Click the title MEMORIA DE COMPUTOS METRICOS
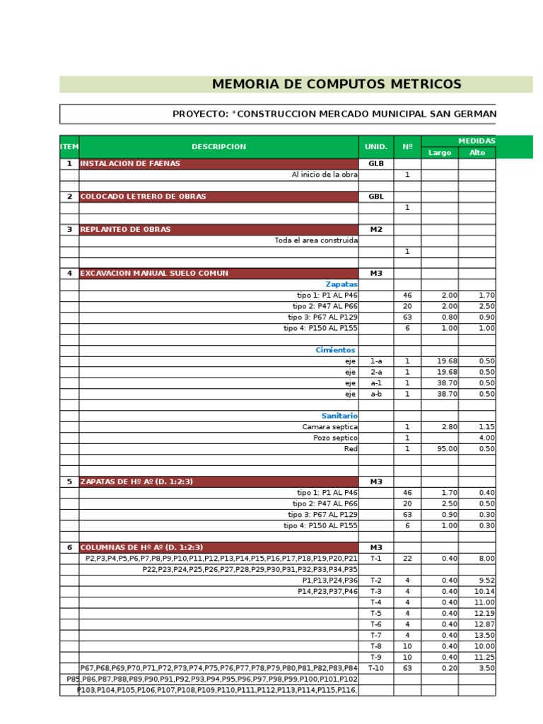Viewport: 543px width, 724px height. [336, 85]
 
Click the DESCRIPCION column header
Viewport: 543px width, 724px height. [218, 147]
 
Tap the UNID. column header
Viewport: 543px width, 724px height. [375, 147]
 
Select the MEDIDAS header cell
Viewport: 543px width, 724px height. [477, 141]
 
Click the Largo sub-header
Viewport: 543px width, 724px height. [439, 153]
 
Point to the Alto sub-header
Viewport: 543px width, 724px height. [477, 153]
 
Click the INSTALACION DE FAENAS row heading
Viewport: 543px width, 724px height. [130, 163]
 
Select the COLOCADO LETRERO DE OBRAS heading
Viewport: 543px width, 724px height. [144, 197]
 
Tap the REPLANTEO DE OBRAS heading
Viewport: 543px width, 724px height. [125, 229]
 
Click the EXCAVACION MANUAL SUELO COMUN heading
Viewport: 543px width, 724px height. [154, 273]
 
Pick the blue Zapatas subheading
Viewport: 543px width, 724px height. [341, 284]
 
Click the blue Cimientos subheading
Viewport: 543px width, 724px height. [337, 350]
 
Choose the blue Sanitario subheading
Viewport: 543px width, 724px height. [339, 416]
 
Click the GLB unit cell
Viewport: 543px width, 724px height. [375, 163]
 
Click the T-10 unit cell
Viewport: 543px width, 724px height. [375, 668]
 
